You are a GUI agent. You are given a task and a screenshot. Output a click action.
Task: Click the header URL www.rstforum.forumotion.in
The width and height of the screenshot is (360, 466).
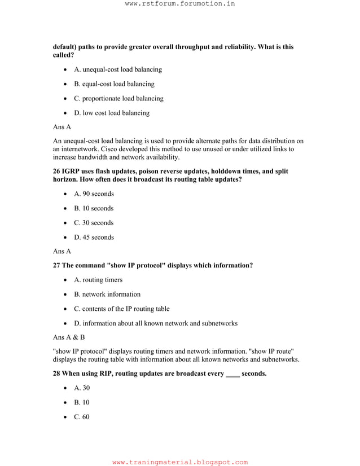tap(180, 4)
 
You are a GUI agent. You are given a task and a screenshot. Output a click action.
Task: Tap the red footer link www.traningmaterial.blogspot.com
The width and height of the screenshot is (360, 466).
tap(180, 462)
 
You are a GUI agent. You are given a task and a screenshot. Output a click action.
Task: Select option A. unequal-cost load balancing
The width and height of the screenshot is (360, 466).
tap(118, 69)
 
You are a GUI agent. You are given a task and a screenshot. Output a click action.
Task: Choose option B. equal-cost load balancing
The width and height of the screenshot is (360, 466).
tap(114, 84)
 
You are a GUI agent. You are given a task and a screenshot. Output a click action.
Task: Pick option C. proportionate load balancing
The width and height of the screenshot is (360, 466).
tap(118, 98)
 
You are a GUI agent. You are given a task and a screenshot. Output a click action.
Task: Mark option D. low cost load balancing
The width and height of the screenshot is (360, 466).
tap(112, 113)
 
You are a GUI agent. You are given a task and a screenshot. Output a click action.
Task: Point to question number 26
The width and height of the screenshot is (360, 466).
tap(57, 171)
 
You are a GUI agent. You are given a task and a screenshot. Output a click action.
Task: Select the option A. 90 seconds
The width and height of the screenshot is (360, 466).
tap(94, 194)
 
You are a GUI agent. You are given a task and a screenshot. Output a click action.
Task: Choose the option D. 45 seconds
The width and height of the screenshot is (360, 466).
tap(94, 238)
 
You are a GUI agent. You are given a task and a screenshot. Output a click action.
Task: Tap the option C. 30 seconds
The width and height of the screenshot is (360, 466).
tap(94, 223)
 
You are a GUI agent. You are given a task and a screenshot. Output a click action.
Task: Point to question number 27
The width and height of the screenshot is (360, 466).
tap(57, 265)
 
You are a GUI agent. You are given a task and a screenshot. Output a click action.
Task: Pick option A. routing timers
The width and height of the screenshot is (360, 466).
tap(98, 280)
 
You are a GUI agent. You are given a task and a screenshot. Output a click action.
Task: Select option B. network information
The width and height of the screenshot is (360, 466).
tap(107, 294)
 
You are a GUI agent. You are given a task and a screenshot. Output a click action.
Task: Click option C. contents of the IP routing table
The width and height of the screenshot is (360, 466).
tap(121, 309)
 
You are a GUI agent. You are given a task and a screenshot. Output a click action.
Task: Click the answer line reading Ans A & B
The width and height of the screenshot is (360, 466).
tap(69, 337)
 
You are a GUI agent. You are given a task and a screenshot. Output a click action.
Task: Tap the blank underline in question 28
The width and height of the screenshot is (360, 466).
tap(232, 374)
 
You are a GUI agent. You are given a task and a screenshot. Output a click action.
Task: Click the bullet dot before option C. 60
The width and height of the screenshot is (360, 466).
tap(67, 417)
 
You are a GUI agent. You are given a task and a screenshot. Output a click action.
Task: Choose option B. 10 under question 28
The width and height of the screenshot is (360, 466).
tap(81, 403)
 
